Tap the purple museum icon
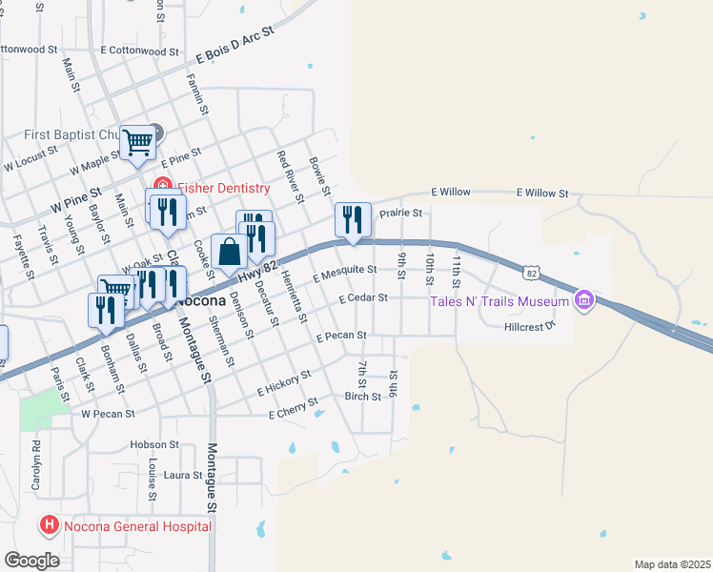(585, 301)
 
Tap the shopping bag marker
(229, 253)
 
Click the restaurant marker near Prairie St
(353, 219)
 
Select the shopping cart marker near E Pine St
(138, 143)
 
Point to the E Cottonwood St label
(139, 49)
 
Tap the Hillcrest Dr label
(529, 326)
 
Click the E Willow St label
(542, 193)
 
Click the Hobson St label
(154, 444)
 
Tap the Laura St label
(184, 474)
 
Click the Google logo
(31, 561)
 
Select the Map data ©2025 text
(672, 564)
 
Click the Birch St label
(362, 397)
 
